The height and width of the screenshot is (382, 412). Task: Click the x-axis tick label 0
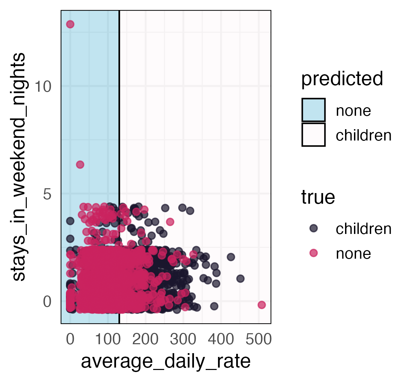[70, 339]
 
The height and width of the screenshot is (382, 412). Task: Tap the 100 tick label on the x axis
[107, 339]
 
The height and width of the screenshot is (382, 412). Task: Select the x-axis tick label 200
[145, 339]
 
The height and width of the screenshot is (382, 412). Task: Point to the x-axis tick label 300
[183, 339]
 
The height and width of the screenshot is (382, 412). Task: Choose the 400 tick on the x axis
[221, 339]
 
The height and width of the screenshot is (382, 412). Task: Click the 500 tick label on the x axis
[259, 339]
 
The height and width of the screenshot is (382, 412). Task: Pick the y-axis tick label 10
[43, 87]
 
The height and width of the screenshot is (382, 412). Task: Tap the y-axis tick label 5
[47, 194]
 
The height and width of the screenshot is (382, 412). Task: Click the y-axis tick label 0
[47, 302]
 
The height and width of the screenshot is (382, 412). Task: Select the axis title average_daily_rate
[165, 361]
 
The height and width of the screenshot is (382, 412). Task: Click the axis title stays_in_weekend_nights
[19, 167]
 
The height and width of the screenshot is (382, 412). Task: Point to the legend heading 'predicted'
[342, 79]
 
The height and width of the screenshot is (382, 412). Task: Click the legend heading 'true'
[318, 198]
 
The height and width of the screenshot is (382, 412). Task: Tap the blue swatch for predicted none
[313, 110]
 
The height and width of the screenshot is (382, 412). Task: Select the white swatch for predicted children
[313, 135]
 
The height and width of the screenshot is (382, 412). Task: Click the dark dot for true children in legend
[313, 228]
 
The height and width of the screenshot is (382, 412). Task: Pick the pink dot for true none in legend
[313, 253]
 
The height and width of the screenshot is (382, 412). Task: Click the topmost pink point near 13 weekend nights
[70, 24]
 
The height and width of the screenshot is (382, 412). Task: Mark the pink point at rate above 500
[262, 305]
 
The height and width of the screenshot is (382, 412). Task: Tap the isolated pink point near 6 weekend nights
[80, 165]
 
